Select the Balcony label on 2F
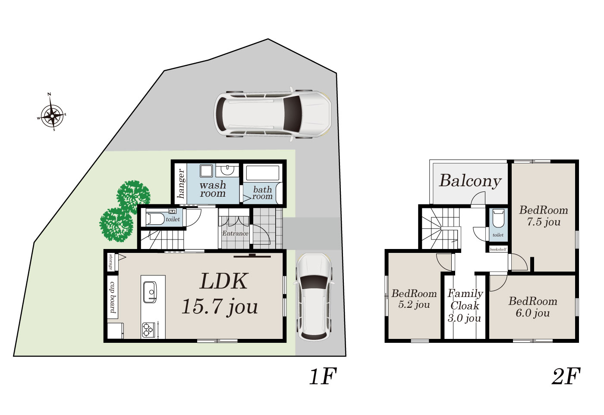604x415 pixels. tap(470, 182)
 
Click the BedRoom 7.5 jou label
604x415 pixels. tap(544, 216)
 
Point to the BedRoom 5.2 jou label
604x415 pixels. tap(414, 299)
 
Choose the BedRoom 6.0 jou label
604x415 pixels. tap(533, 307)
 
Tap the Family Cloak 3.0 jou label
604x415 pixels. tap(465, 306)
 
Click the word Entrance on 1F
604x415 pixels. tap(235, 233)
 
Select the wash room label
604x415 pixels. tap(213, 189)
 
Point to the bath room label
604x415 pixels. tap(262, 193)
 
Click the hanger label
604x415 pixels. tap(181, 183)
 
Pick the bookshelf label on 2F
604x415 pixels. tap(498, 249)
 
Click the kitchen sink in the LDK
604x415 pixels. tap(150, 292)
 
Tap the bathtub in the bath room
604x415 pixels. tap(263, 173)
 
